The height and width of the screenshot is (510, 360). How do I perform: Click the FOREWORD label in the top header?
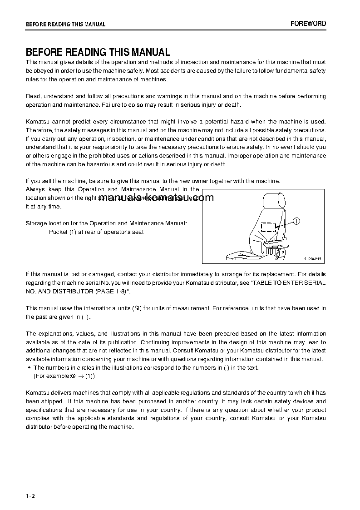[x=308, y=24]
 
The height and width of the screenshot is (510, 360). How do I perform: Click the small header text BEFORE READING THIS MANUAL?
[x=65, y=25]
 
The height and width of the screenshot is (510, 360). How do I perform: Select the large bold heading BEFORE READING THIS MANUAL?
[x=98, y=52]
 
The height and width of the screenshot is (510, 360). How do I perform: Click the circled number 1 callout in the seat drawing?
[x=296, y=221]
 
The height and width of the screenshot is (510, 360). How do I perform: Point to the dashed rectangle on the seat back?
[x=269, y=227]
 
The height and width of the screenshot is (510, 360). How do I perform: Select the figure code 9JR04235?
[x=312, y=258]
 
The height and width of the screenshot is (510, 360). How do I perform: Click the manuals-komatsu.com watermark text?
[x=155, y=198]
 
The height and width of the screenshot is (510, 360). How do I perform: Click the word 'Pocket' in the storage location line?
[x=57, y=232]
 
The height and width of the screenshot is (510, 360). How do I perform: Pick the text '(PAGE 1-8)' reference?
[x=111, y=291]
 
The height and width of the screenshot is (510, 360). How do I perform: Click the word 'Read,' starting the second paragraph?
[x=33, y=96]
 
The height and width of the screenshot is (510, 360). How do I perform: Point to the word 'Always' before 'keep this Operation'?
[x=35, y=189]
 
